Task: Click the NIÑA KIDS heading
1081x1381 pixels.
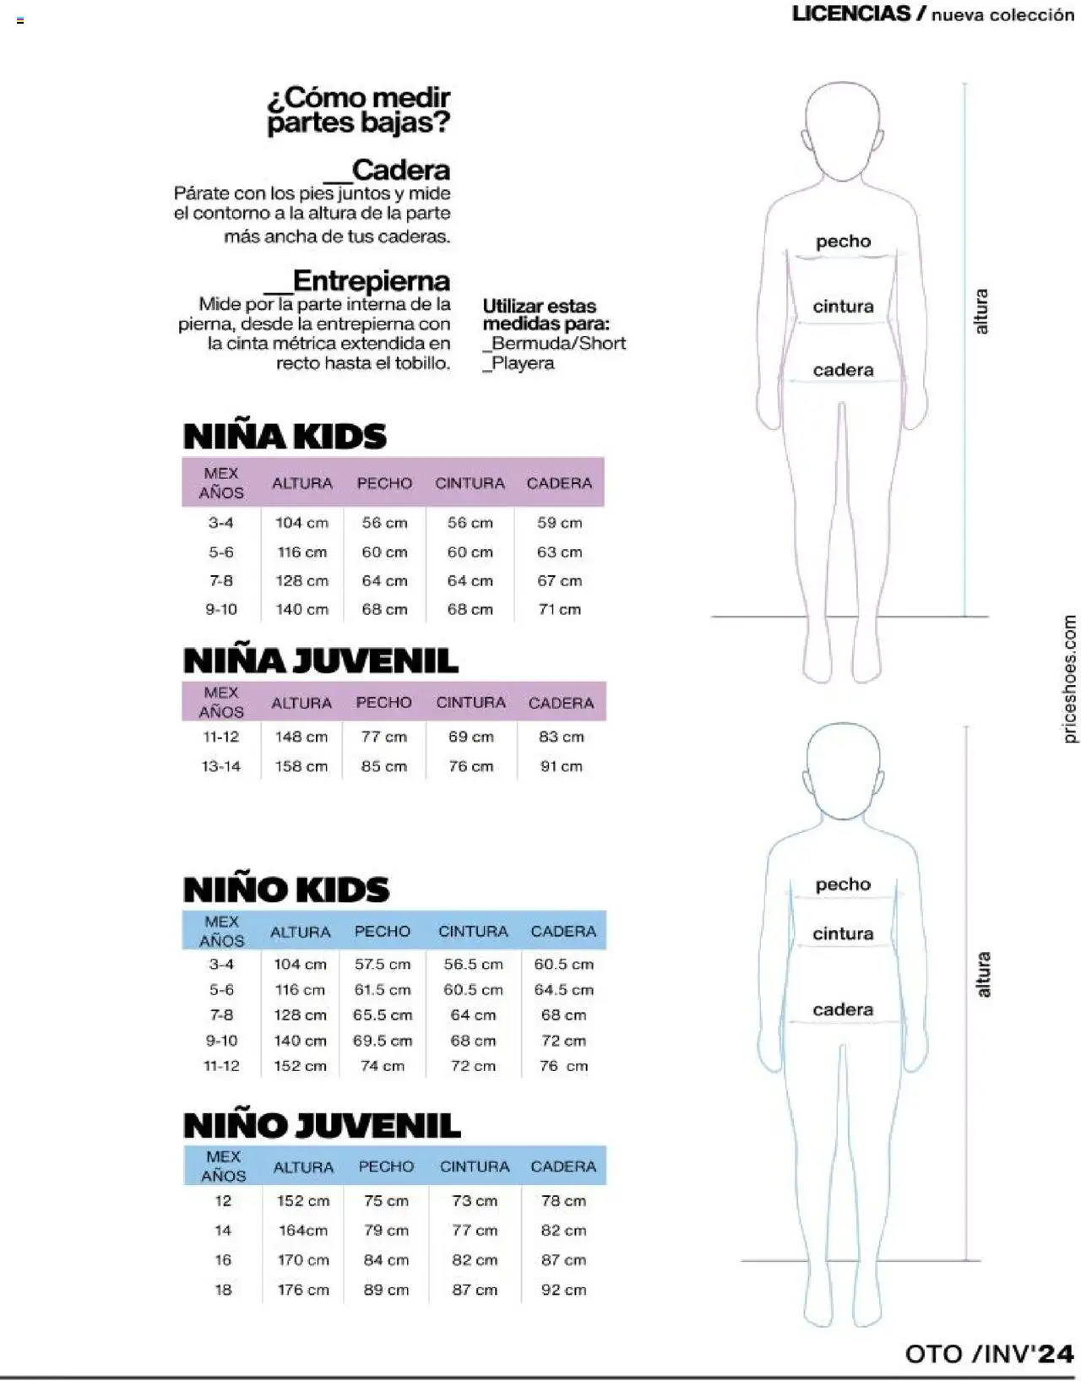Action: click(285, 437)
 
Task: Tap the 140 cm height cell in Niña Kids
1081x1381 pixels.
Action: click(301, 609)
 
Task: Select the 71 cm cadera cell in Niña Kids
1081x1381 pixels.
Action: click(560, 609)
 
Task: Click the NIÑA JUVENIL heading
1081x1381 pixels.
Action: click(320, 661)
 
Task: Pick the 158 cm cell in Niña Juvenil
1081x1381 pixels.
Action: click(301, 766)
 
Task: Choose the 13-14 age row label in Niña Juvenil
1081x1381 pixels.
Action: click(221, 766)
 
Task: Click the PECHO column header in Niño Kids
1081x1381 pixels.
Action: click(383, 931)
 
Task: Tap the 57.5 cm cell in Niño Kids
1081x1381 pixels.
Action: click(383, 964)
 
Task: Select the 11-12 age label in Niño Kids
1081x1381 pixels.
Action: click(221, 1066)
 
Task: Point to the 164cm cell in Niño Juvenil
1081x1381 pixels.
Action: click(302, 1231)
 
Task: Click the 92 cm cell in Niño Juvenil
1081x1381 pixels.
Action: click(563, 1290)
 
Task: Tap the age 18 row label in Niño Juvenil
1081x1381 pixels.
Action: click(223, 1290)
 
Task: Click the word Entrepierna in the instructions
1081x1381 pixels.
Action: click(371, 280)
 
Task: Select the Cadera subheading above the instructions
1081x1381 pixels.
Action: click(400, 170)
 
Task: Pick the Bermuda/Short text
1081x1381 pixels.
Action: click(558, 343)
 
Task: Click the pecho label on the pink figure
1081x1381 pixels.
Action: click(843, 242)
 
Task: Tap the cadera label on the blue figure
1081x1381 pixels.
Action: click(843, 1009)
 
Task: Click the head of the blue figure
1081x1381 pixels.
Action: click(843, 770)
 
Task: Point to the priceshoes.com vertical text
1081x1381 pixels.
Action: click(1069, 679)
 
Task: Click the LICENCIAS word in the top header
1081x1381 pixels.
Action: click(851, 14)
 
